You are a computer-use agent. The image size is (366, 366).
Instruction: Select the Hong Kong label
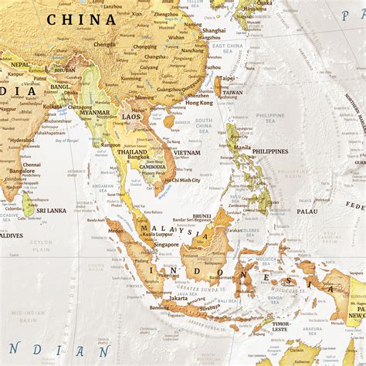199,103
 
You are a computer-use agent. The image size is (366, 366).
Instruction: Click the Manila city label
242,147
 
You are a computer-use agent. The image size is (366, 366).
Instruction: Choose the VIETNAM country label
187,153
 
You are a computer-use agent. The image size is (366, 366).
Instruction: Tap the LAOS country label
131,117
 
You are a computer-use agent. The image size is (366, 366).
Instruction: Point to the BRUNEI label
202,215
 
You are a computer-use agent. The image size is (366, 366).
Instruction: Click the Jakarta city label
178,298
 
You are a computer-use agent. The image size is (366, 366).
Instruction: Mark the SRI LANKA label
52,210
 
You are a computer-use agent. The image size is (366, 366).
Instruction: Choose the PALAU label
307,211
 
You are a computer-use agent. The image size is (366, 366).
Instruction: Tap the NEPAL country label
19,64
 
